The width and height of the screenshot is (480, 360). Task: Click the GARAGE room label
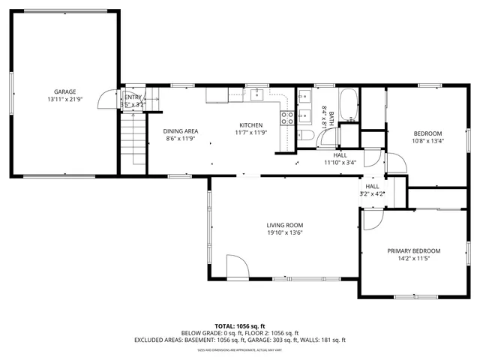[64, 91]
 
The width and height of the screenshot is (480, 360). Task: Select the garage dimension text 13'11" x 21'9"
[64, 99]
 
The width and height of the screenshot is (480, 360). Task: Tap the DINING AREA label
[181, 131]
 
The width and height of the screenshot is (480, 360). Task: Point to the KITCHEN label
[250, 124]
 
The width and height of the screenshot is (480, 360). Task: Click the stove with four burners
[287, 117]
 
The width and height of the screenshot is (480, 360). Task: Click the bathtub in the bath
[349, 104]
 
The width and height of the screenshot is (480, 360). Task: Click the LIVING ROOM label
[284, 225]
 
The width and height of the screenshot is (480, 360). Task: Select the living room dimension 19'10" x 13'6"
[284, 232]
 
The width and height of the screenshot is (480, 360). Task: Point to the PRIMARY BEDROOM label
[413, 250]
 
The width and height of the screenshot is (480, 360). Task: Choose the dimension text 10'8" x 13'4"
[427, 140]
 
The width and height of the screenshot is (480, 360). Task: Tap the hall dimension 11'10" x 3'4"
[340, 162]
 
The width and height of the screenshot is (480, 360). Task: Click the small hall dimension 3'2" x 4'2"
[372, 193]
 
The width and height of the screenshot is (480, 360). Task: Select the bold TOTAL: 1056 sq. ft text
[240, 326]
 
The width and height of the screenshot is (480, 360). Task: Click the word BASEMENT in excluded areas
[191, 340]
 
